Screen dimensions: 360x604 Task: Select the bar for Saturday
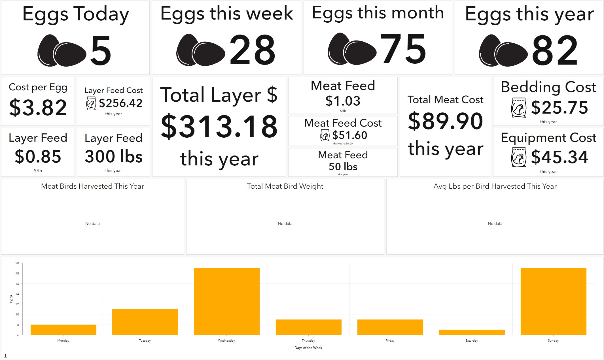tap(472, 332)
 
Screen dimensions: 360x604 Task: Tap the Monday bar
tap(63, 330)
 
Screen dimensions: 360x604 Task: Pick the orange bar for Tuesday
tap(145, 322)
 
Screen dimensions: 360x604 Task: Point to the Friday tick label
tap(390, 340)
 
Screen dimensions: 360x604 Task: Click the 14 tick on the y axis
tap(17, 294)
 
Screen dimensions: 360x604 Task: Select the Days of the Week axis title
tap(308, 348)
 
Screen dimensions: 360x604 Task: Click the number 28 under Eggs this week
tap(252, 50)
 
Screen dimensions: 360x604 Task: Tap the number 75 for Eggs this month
tap(403, 49)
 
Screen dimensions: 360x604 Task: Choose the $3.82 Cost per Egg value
tap(38, 108)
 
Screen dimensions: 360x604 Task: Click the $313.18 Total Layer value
tap(219, 127)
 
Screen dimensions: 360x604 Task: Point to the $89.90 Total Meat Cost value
tap(445, 121)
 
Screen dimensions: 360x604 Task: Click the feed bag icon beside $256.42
tap(91, 103)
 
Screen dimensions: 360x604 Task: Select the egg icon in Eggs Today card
tap(62, 51)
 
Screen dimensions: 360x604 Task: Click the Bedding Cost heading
tap(548, 87)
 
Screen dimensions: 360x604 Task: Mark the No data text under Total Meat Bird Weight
tap(285, 223)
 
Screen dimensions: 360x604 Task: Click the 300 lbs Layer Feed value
tap(113, 156)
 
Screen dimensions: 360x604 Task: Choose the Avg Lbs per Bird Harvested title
tap(495, 186)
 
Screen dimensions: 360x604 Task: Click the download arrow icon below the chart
tap(5, 356)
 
